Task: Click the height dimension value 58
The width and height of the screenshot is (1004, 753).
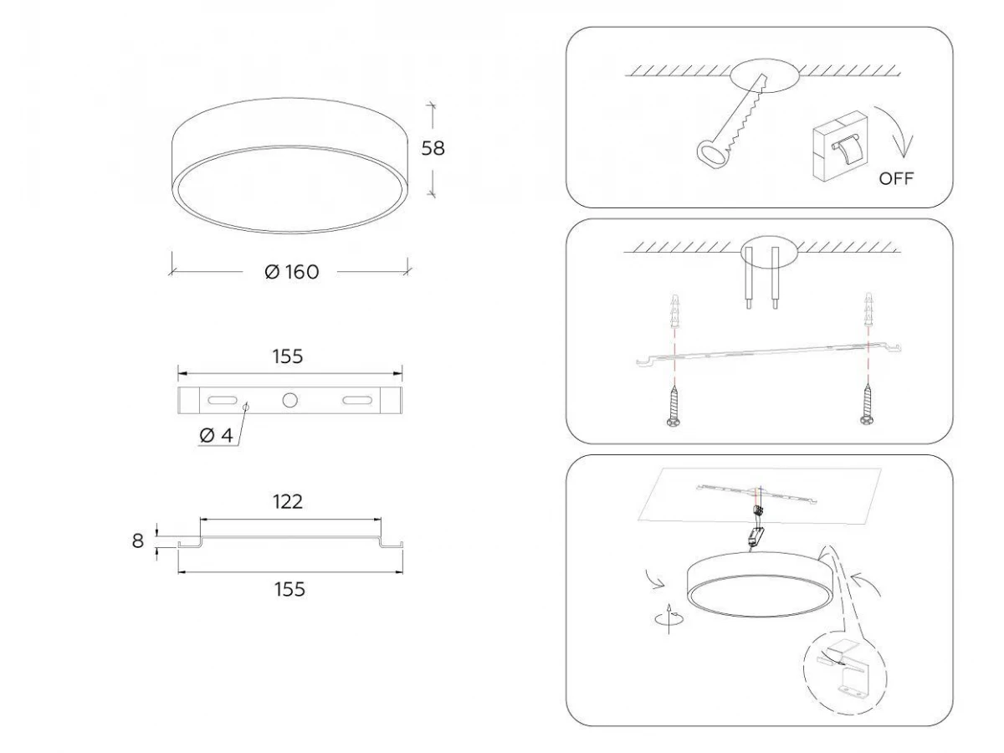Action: click(433, 148)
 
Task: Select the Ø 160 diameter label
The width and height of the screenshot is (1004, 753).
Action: click(292, 272)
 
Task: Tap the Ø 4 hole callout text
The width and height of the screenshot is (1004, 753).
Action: click(217, 435)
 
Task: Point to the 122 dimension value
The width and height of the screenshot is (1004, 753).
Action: click(288, 502)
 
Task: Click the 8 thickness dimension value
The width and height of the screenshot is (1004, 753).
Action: click(138, 540)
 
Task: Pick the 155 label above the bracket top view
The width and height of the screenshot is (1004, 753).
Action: click(288, 356)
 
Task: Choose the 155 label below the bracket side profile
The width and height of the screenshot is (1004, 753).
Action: click(289, 589)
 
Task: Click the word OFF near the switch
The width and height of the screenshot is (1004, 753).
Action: click(896, 179)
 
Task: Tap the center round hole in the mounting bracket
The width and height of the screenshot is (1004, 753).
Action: click(290, 401)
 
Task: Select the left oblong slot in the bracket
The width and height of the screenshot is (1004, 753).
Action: click(222, 401)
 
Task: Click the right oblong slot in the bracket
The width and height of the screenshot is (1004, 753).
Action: click(357, 401)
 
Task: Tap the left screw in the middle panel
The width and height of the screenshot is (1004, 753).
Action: click(674, 406)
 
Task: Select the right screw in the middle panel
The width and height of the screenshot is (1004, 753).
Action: click(867, 405)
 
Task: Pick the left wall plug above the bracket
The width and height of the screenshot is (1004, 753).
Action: click(674, 310)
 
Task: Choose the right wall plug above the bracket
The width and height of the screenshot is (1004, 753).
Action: click(868, 310)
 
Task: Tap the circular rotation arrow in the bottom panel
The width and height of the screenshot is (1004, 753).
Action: click(669, 619)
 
